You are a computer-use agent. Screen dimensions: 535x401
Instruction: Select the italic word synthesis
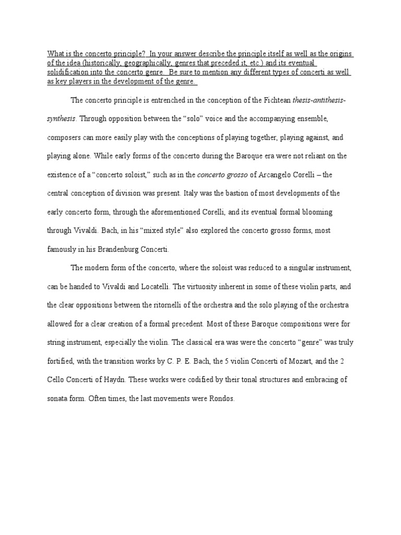click(x=61, y=119)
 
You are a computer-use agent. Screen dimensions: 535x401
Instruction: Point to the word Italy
click(x=192, y=193)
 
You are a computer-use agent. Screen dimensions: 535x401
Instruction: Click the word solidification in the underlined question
click(x=64, y=73)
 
